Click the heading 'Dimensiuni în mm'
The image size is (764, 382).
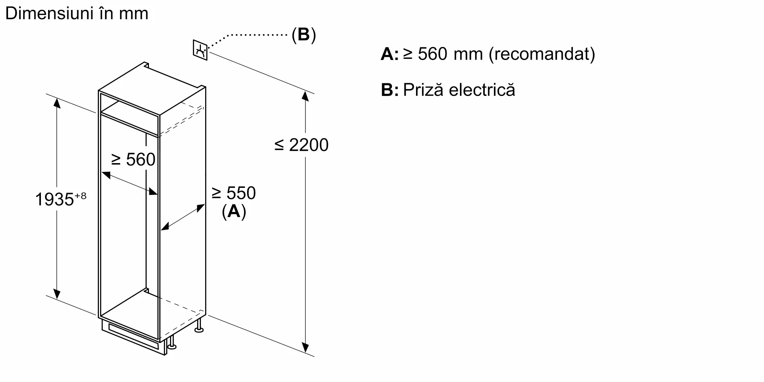tap(77, 14)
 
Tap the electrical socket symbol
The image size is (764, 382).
tap(200, 50)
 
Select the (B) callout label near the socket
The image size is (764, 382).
tap(304, 35)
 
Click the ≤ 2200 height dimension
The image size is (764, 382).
tap(301, 145)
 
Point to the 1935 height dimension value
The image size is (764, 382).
tap(54, 199)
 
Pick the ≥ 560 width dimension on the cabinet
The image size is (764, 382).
tap(133, 159)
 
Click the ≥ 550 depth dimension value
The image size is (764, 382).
tap(234, 193)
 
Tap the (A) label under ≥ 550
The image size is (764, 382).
tap(234, 211)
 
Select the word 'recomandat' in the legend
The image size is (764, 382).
tap(542, 54)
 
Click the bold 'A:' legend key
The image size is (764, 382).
tap(390, 54)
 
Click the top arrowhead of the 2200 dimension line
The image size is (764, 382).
tap(305, 95)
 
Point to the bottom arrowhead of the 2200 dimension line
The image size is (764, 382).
tap(305, 348)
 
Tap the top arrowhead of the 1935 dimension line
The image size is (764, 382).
tap(57, 102)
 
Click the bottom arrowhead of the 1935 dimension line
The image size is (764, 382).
tap(57, 294)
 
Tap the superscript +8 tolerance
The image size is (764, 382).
tap(80, 196)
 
